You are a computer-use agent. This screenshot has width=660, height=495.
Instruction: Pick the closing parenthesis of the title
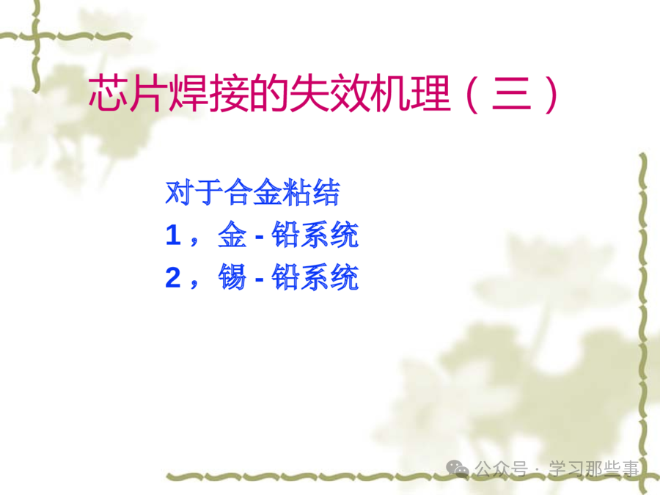(551, 95)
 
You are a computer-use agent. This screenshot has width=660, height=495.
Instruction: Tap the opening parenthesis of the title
(472, 95)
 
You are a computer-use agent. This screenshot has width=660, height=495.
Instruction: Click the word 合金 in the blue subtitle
(252, 192)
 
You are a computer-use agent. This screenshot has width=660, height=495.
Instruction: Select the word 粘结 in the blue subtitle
(311, 192)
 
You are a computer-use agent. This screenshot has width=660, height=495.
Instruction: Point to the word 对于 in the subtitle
(194, 192)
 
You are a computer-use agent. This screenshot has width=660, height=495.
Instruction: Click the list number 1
(173, 235)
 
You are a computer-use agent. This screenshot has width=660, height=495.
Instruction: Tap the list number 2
(173, 277)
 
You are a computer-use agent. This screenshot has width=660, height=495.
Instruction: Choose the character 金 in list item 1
(232, 235)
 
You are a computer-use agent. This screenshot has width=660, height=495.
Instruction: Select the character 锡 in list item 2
(232, 277)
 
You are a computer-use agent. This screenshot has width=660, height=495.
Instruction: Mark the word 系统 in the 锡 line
(329, 277)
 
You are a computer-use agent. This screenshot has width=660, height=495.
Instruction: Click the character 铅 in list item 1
(285, 235)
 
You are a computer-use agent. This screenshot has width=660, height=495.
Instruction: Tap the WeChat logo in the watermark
(458, 469)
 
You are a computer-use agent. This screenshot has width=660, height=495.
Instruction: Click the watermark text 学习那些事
(593, 469)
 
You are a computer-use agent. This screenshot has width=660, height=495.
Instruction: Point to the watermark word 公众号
(501, 469)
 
